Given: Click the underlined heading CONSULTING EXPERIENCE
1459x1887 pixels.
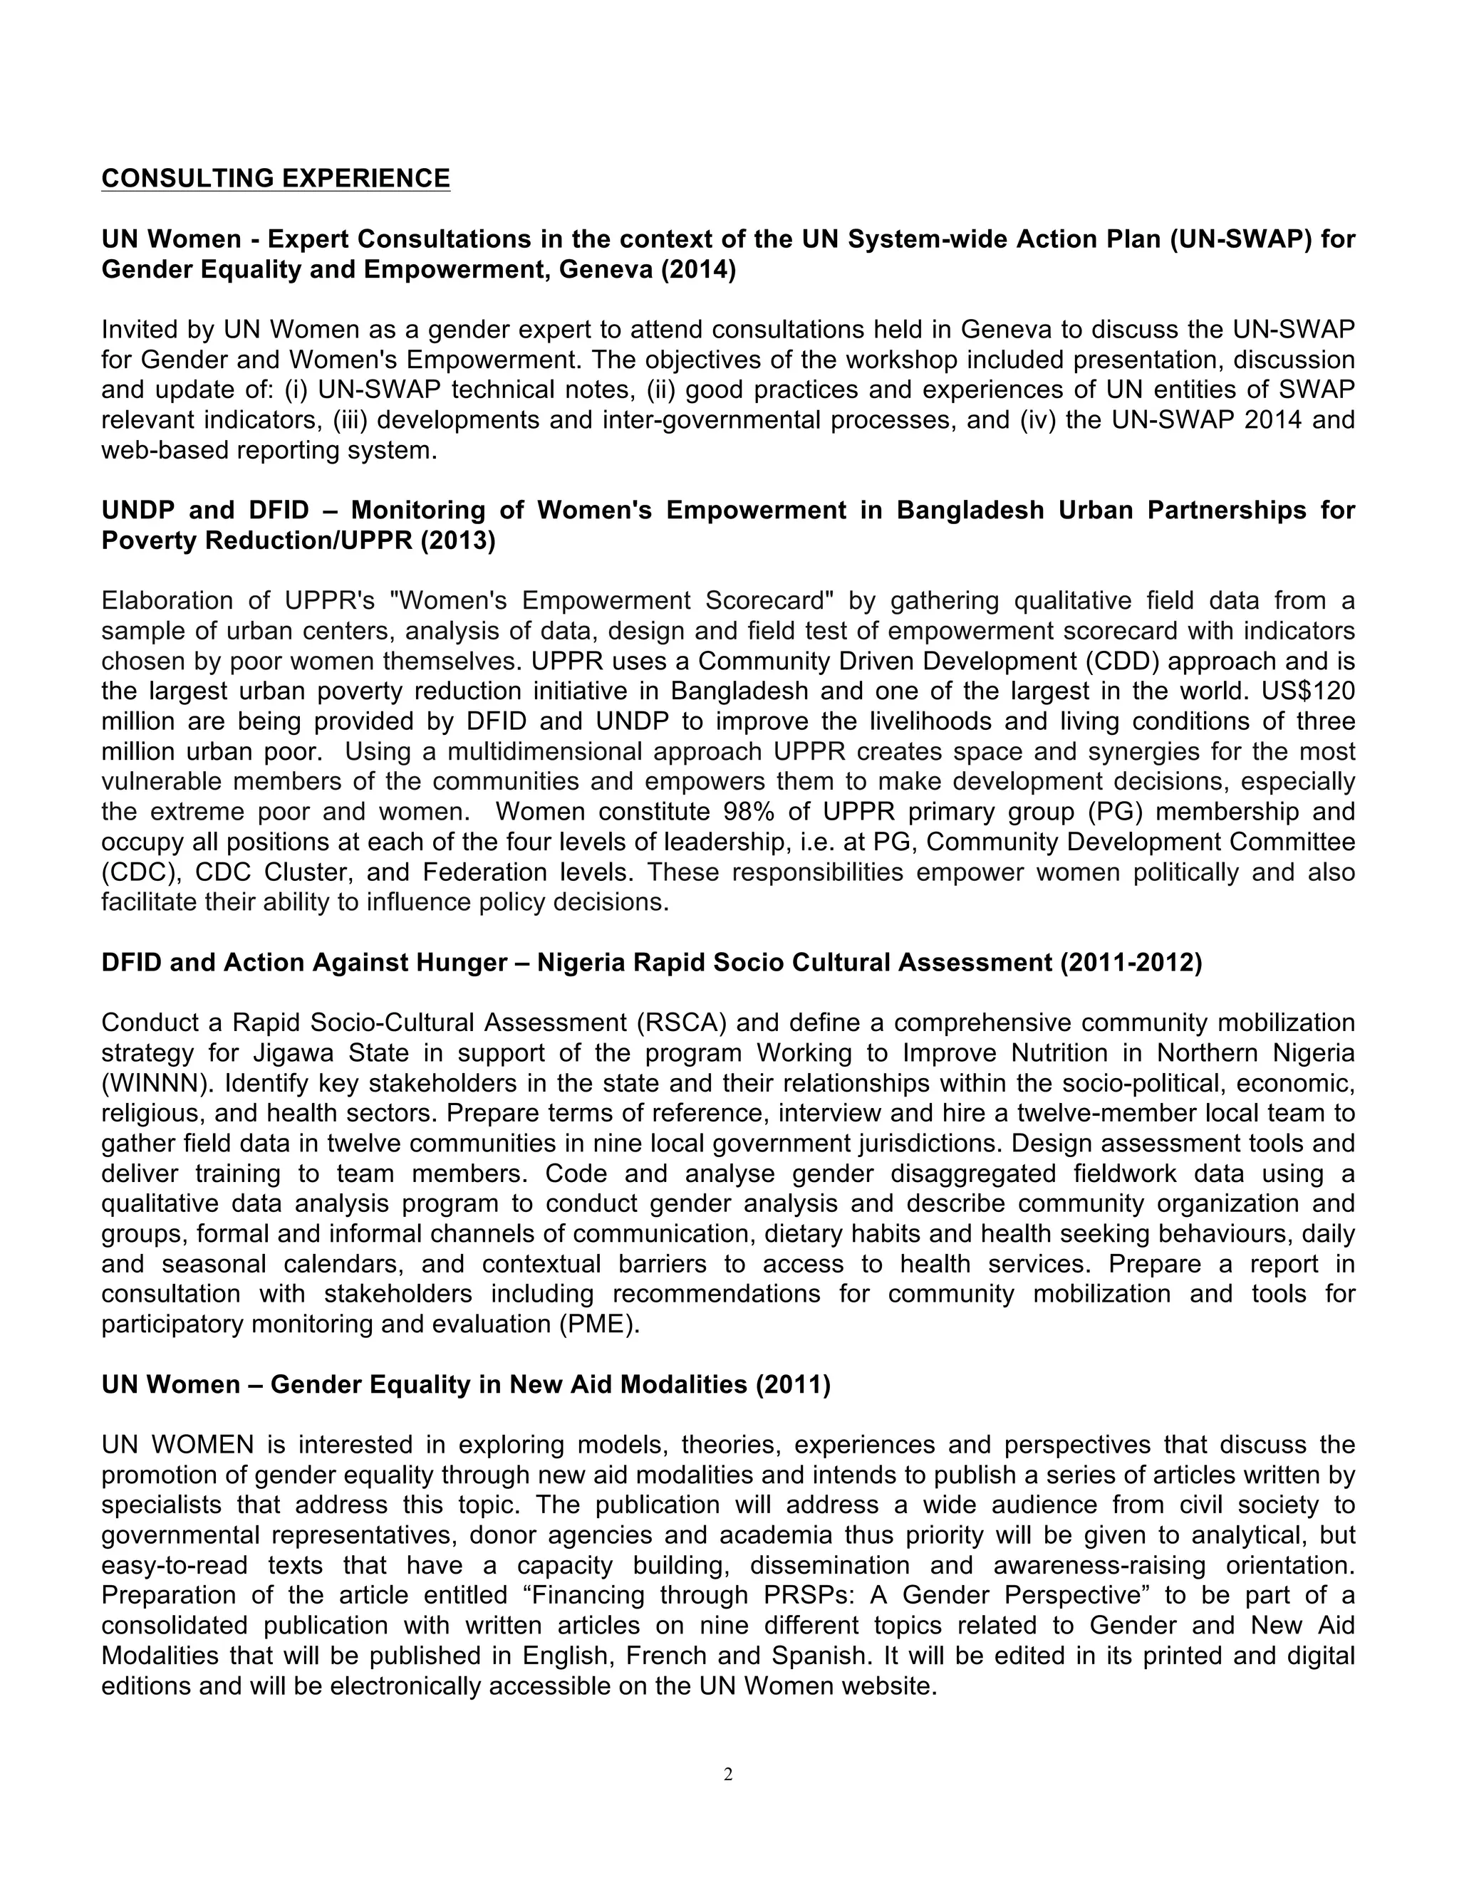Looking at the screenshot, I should (x=276, y=178).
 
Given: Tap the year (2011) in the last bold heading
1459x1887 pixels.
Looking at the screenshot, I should (x=793, y=1385).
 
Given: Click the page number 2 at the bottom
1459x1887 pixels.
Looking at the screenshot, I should (x=728, y=1774).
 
